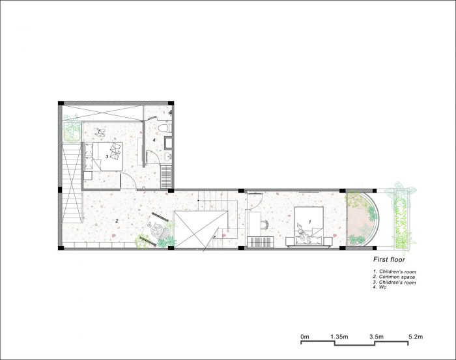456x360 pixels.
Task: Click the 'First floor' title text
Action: coord(389,259)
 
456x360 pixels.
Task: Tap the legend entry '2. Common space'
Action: coord(394,277)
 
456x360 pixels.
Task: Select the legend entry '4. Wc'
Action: coord(380,287)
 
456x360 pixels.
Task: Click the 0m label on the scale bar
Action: coord(305,337)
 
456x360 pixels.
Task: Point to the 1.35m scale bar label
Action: coord(339,337)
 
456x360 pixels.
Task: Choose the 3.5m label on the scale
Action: coord(377,337)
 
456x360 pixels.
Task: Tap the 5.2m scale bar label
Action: coord(416,337)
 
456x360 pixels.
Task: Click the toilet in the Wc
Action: coord(165,128)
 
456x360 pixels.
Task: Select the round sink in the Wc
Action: coord(168,156)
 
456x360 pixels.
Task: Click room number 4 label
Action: coord(154,140)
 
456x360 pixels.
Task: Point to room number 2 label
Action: coord(117,221)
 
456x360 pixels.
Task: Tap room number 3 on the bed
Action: coord(107,157)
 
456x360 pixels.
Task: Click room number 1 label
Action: coord(310,222)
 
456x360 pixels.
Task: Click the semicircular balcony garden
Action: coord(362,219)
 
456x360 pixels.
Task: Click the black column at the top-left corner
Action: coord(61,103)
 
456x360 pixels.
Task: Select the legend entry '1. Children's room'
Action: coord(395,271)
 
